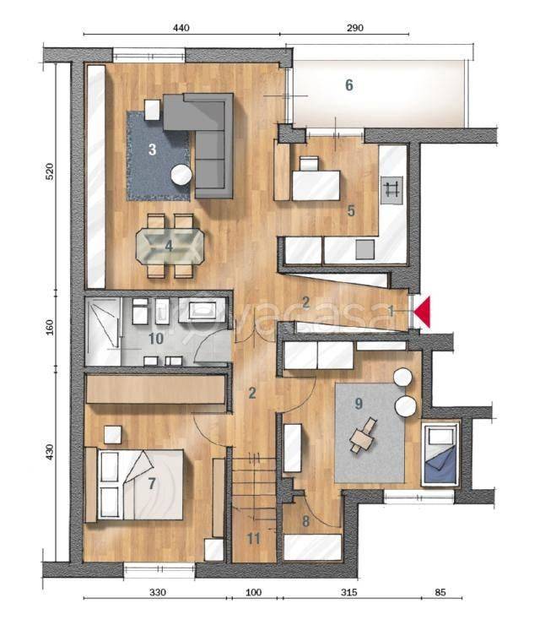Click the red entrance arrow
pos(424,312)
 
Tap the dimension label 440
pos(181,28)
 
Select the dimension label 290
pos(355,28)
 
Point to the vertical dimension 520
pos(49,171)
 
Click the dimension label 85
pos(440,592)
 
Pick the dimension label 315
pos(348,592)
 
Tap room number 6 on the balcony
pos(348,85)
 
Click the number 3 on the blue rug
pos(153,149)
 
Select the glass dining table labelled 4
pos(170,246)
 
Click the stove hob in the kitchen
pos(391,190)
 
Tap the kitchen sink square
pos(365,249)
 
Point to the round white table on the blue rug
pos(181,176)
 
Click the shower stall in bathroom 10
pos(103,328)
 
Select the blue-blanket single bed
pos(440,454)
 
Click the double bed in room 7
pos(134,484)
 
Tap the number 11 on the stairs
pos(254,539)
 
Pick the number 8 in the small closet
pos(305,521)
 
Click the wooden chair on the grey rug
pos(364,436)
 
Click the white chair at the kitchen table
pos(310,164)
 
